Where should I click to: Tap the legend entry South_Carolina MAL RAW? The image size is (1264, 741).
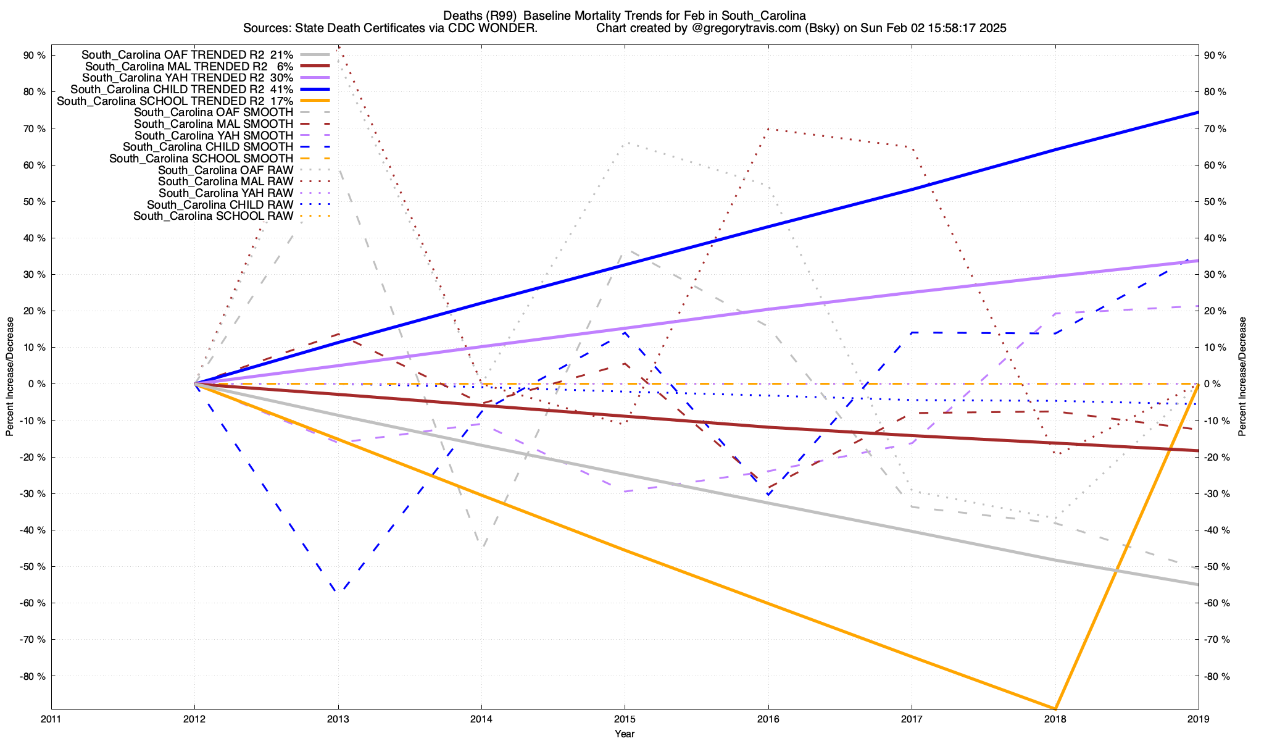pyautogui.click(x=225, y=182)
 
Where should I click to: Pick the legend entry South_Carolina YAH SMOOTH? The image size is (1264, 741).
pyautogui.click(x=214, y=135)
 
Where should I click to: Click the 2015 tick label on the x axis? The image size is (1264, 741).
pyautogui.click(x=625, y=719)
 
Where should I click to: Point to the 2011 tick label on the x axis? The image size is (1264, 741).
pyautogui.click(x=51, y=719)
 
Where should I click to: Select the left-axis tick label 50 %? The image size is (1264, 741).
pyautogui.click(x=35, y=201)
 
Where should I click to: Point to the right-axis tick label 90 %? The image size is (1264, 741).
pyautogui.click(x=1215, y=55)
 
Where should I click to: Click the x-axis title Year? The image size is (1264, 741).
pyautogui.click(x=625, y=734)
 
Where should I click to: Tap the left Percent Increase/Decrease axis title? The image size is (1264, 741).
pyautogui.click(x=10, y=377)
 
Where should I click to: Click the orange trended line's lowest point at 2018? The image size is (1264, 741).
pyautogui.click(x=1055, y=708)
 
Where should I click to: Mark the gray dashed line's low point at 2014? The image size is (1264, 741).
pyautogui.click(x=483, y=546)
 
